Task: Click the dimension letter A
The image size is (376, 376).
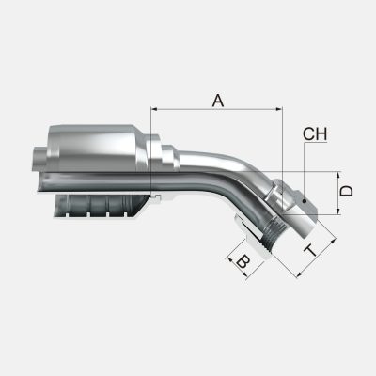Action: pos(218,99)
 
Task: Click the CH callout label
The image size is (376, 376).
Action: pos(315,135)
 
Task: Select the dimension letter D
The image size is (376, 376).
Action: pos(346,191)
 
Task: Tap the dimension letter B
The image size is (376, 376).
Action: pos(242,263)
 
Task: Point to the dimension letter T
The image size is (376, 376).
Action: pos(310,249)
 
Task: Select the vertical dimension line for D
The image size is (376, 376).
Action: pos(336,192)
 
